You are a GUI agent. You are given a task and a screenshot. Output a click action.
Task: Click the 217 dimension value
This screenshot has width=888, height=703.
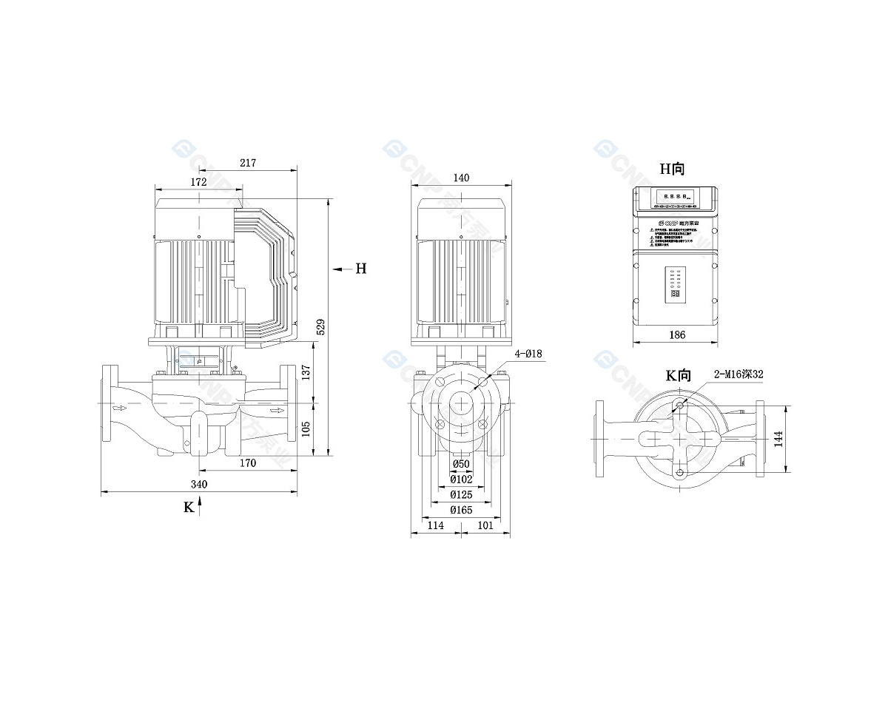click(x=247, y=163)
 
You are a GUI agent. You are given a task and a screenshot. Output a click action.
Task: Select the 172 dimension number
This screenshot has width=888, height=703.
click(x=198, y=182)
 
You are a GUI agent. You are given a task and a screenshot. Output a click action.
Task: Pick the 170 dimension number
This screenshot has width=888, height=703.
click(x=247, y=463)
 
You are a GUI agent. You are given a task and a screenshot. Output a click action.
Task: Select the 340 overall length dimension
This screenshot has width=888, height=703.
click(x=198, y=484)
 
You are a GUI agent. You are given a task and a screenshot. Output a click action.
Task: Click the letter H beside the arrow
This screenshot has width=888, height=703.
click(x=360, y=269)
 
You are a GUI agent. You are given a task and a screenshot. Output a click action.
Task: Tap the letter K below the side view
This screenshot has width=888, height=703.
click(x=189, y=508)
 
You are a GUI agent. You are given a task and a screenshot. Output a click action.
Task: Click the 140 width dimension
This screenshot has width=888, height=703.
click(x=462, y=178)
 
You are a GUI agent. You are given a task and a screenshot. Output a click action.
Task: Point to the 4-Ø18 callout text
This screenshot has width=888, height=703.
click(x=528, y=354)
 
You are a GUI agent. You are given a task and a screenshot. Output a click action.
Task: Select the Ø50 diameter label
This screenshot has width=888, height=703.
click(x=461, y=464)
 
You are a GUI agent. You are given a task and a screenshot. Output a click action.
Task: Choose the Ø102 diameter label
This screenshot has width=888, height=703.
click(x=462, y=479)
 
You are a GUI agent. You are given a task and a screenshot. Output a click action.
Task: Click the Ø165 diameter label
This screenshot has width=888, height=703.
click(x=462, y=510)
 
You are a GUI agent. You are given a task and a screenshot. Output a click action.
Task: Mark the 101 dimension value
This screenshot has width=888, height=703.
click(x=485, y=525)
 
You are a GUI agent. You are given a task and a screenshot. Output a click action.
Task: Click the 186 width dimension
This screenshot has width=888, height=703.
click(x=676, y=335)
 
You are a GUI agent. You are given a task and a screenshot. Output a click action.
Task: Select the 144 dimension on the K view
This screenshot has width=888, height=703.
click(x=778, y=440)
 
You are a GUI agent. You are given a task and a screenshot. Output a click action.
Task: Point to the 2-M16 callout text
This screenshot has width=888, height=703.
click(x=739, y=375)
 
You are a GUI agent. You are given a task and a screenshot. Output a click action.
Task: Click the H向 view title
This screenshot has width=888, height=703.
click(x=673, y=169)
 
